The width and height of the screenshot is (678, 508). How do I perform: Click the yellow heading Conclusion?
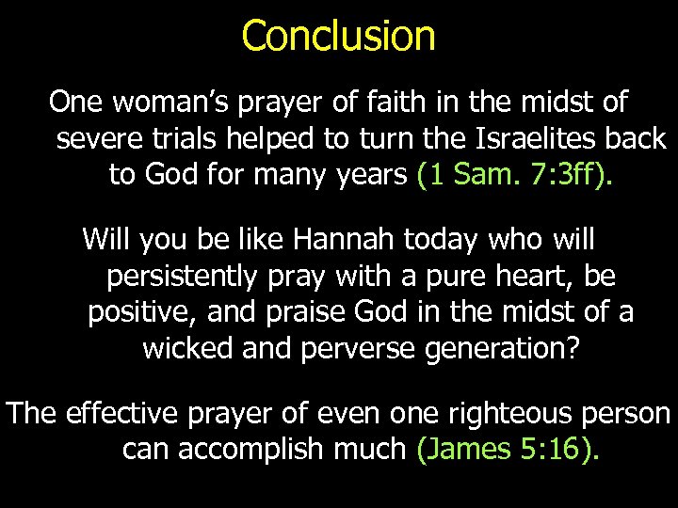coord(338,36)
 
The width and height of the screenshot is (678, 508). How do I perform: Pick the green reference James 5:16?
coord(507,451)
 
